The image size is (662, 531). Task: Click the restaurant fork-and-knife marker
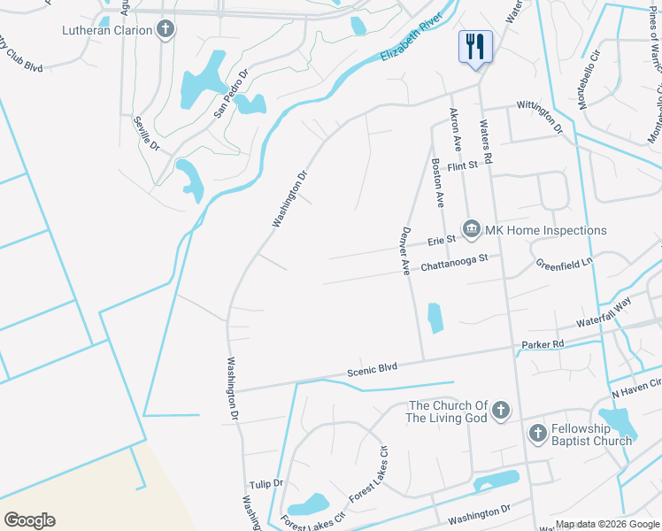(x=475, y=45)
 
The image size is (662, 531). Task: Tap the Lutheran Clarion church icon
(x=165, y=30)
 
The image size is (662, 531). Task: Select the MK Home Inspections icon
(x=472, y=230)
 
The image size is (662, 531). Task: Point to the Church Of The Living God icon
(x=501, y=410)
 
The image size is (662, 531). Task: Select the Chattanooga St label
(x=454, y=263)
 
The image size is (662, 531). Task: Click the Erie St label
(x=441, y=240)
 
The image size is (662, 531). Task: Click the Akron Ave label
(x=457, y=130)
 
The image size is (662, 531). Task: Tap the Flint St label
(x=462, y=165)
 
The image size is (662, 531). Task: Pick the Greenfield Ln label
(x=564, y=264)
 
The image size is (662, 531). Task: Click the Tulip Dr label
(x=266, y=484)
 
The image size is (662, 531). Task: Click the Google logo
(x=29, y=520)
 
